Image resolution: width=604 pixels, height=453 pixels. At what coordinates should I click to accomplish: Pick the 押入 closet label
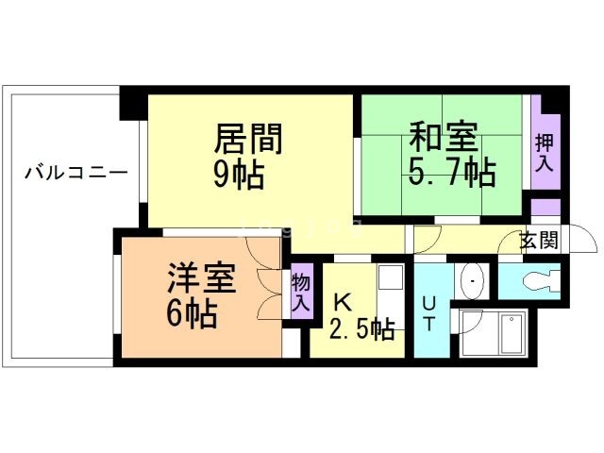[x=545, y=152]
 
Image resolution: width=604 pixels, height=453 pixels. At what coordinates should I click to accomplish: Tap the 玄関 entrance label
[x=539, y=240]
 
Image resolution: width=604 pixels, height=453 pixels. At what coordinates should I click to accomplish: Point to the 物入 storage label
[x=301, y=294]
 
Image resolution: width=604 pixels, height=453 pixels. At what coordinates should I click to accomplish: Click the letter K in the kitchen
[x=343, y=303]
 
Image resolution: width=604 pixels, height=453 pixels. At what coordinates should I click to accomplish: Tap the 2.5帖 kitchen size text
[x=361, y=329]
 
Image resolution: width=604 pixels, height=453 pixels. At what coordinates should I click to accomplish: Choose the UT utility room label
[x=429, y=312]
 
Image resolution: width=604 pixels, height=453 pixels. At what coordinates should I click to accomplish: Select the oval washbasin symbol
[x=471, y=280]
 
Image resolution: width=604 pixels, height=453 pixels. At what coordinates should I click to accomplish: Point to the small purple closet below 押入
[x=545, y=207]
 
